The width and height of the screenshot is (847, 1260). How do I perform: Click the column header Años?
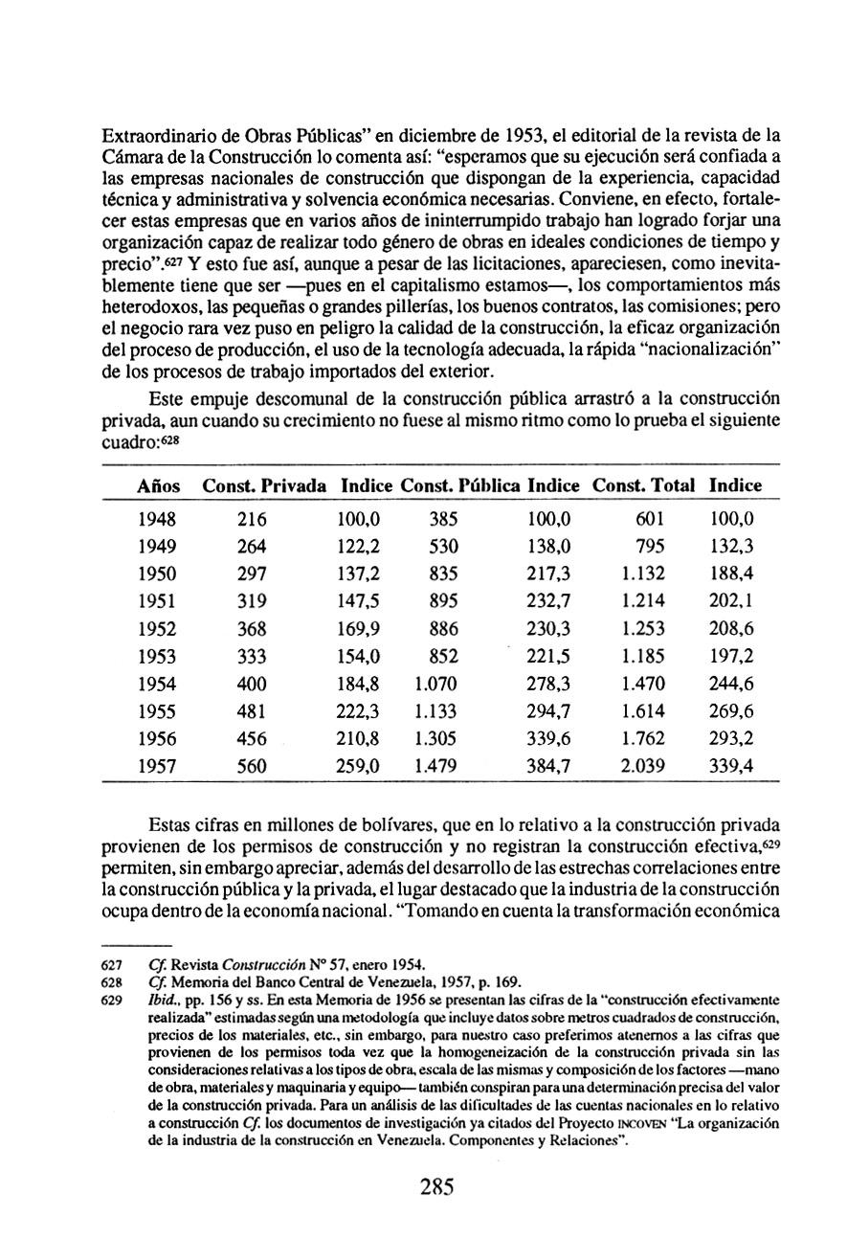tap(158, 486)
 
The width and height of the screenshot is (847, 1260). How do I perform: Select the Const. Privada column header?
tap(264, 486)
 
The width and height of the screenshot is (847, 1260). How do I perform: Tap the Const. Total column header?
tap(644, 486)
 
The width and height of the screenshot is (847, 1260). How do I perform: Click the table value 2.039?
tap(643, 767)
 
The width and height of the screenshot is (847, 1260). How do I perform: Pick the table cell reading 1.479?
tap(436, 767)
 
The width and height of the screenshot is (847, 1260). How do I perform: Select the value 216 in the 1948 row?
tap(252, 520)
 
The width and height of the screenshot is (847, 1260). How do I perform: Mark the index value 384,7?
tap(549, 767)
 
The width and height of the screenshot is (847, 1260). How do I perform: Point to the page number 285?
tap(435, 1188)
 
